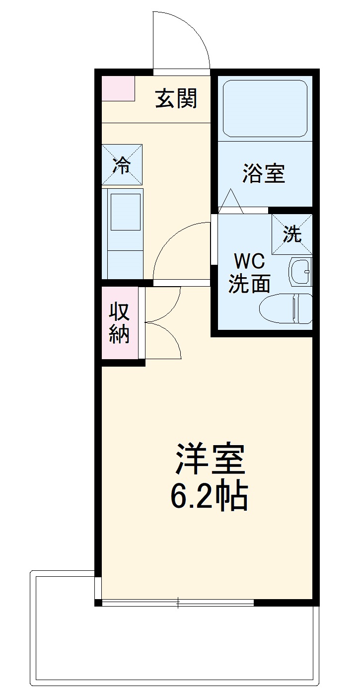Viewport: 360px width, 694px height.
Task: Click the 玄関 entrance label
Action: [176, 98]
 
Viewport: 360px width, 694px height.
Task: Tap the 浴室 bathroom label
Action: [264, 174]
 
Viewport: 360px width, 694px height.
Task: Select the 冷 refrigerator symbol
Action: [122, 165]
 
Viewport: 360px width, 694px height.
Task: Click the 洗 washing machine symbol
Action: [292, 234]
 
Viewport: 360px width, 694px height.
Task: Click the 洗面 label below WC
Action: [249, 284]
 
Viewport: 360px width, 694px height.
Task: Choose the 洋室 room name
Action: [210, 460]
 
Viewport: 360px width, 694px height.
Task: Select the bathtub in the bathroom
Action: [265, 108]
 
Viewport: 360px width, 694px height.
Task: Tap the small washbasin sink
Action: [300, 272]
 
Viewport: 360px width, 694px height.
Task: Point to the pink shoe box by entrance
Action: [118, 88]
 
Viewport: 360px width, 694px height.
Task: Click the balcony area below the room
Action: [174, 646]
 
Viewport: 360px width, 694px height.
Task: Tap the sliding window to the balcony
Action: [178, 603]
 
